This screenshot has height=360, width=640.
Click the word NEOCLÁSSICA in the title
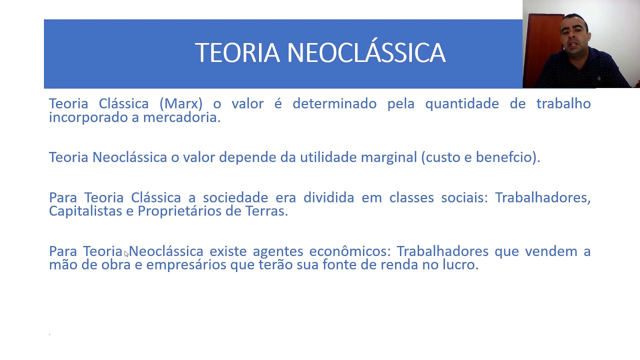[x=366, y=53]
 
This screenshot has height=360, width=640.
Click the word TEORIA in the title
[x=237, y=53]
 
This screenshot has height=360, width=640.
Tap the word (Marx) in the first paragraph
[x=181, y=103]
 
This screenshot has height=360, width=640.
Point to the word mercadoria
[x=181, y=117]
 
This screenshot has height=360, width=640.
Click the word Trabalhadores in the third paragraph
[x=542, y=197]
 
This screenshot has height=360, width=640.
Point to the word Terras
[x=266, y=211]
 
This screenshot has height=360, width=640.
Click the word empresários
[x=186, y=264]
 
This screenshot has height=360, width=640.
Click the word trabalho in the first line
[x=563, y=103]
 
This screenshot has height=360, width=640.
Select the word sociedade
[x=235, y=197]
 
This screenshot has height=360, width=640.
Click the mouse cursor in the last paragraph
[x=126, y=254]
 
